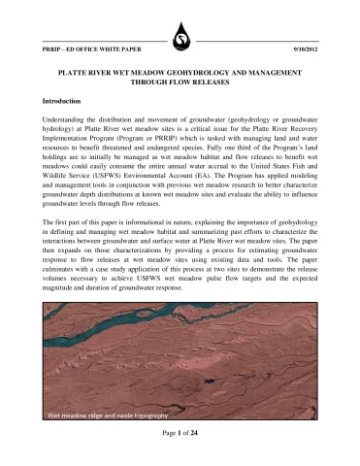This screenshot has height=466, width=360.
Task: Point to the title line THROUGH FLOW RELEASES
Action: point(180,83)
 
